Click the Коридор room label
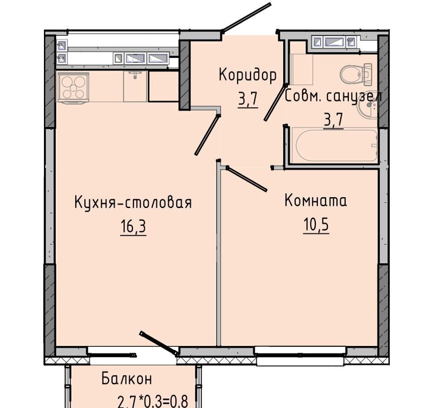tap(247, 75)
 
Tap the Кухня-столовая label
tap(133, 203)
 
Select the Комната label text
tap(316, 201)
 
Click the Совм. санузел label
tap(333, 97)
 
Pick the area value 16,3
tap(133, 227)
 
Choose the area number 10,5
tap(316, 224)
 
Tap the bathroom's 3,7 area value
tap(333, 121)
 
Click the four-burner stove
tap(72, 87)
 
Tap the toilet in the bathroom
tap(356, 73)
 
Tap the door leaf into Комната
tap(246, 179)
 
